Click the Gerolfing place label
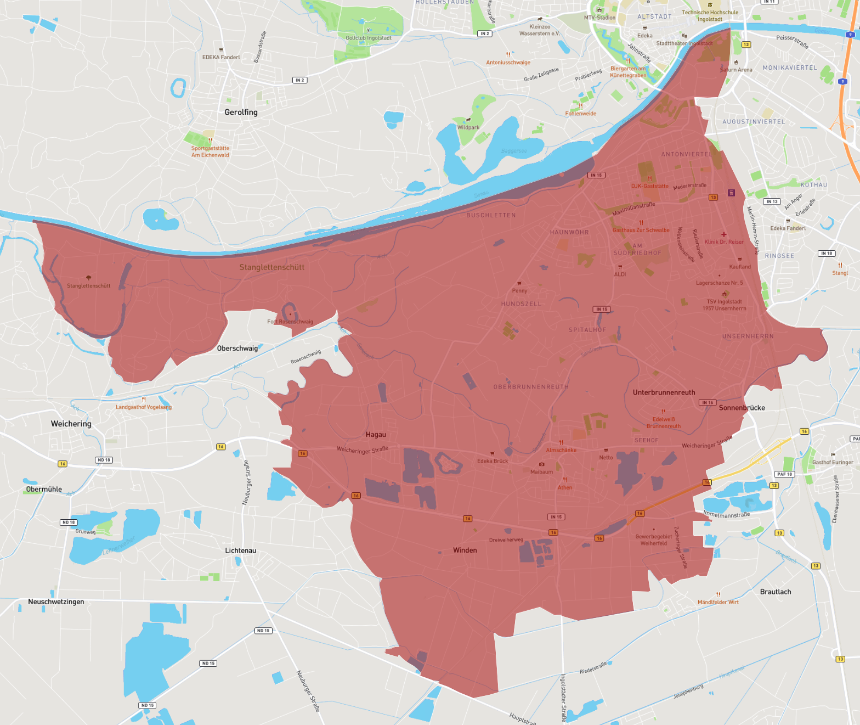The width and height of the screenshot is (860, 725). click(x=241, y=112)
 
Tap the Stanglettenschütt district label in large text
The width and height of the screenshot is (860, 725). click(x=271, y=267)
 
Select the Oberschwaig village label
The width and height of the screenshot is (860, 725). click(x=237, y=349)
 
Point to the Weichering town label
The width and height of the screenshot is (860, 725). click(x=71, y=424)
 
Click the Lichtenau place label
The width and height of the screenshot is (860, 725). click(x=240, y=550)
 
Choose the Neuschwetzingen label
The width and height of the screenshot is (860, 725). click(x=56, y=602)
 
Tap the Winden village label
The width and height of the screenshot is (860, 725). click(x=465, y=550)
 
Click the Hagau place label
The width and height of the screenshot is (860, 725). click(x=376, y=435)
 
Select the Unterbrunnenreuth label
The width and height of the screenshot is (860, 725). click(x=664, y=392)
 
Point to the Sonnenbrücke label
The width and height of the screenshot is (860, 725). click(x=742, y=408)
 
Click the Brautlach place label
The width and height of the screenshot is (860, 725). click(x=775, y=592)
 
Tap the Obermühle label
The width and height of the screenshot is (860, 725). click(x=44, y=489)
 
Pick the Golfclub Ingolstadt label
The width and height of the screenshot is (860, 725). click(x=369, y=38)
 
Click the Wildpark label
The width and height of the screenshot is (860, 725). click(x=468, y=127)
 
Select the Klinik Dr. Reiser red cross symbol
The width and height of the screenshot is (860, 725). click(x=724, y=234)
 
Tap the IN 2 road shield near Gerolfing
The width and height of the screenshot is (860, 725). click(x=299, y=80)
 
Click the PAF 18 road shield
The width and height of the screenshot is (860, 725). click(x=784, y=474)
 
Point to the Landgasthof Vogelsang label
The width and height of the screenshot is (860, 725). click(x=144, y=407)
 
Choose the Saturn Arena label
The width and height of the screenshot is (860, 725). click(x=736, y=70)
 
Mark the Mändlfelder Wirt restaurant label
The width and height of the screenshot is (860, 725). click(x=718, y=602)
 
